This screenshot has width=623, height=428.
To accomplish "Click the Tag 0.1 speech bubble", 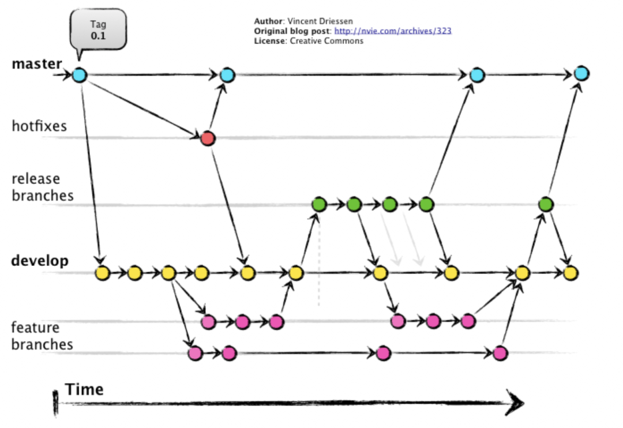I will pos(99,29).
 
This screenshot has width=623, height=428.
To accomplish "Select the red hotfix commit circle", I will pos(208,138).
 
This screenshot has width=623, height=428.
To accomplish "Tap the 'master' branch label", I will pos(36,63).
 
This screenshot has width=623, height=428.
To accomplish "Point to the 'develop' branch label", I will pos(40,261).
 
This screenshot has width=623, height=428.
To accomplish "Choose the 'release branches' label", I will pos(42,187).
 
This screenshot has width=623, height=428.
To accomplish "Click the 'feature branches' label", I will pos(42,336).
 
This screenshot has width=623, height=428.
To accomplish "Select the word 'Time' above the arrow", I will pos(84,389).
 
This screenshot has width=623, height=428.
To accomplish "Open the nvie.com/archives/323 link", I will pos(393,31).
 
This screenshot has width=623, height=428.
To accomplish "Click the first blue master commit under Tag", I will pos(80,74).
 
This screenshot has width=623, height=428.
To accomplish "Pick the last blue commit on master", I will pos(581,73).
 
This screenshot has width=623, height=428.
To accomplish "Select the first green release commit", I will pos(318,204).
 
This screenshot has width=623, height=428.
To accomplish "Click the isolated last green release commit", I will pos(546,204).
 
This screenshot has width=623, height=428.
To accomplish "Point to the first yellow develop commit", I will pos(102,273).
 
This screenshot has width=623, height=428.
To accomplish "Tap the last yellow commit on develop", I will pos(571,273).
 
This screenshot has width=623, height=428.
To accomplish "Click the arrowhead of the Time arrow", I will pos(515,401).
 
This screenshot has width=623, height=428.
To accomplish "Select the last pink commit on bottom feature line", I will pos(501,353).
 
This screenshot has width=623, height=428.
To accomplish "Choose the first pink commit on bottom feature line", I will pos(196,353).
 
